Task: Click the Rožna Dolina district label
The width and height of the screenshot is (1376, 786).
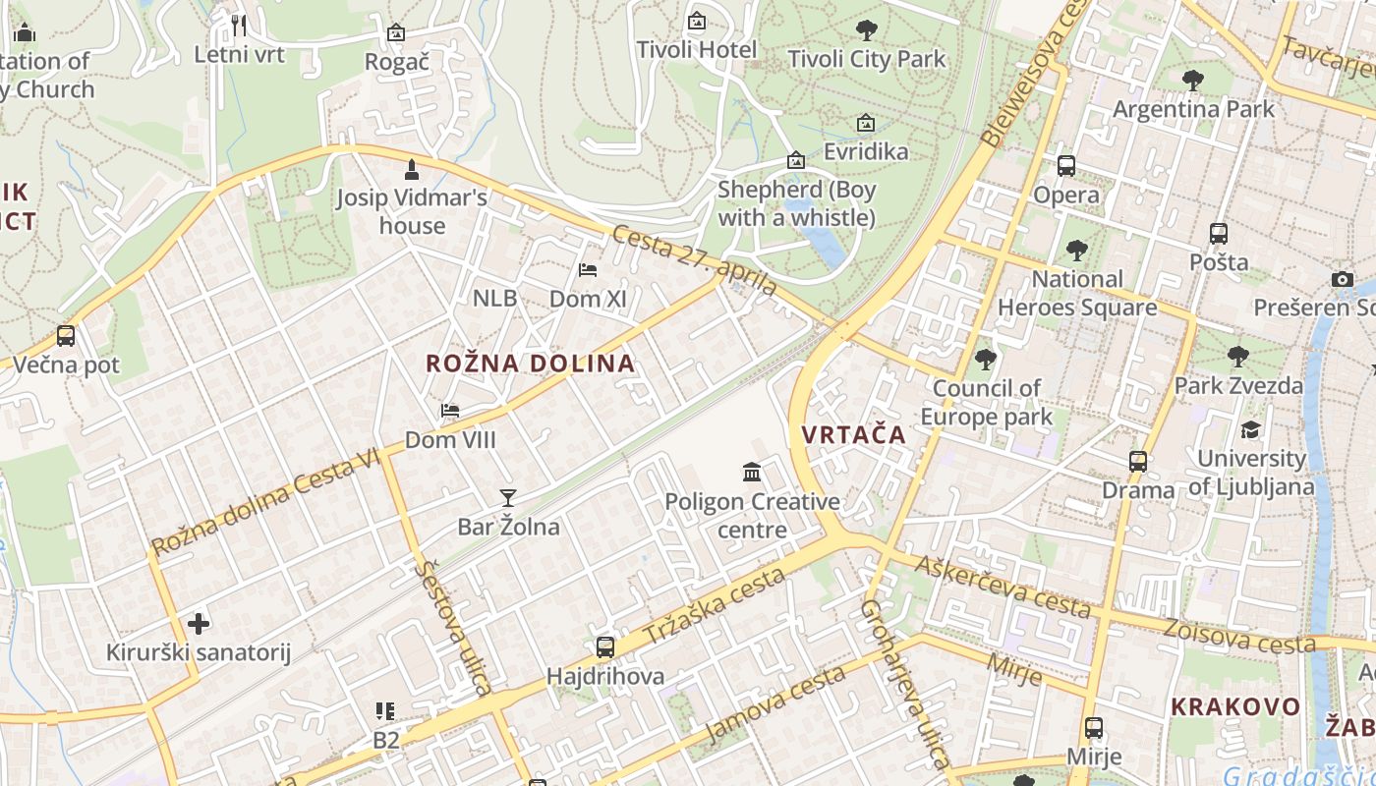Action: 531,364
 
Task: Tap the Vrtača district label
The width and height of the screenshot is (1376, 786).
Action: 853,434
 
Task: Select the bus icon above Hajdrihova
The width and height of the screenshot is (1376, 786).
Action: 605,647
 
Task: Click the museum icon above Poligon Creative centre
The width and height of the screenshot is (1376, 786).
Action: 752,473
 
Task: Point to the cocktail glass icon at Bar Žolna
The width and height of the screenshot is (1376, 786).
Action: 507,498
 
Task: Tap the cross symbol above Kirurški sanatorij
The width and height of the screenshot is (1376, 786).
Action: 199,624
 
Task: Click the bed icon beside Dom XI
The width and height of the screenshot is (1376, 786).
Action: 588,270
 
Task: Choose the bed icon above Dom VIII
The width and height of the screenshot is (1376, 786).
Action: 450,411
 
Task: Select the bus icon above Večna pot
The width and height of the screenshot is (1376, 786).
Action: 66,336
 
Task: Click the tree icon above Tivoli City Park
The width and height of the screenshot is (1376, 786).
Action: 866,30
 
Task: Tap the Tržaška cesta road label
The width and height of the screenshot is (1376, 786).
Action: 715,606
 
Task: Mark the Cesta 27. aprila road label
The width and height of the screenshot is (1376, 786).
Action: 694,259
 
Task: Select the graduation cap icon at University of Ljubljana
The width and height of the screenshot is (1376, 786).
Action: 1250,429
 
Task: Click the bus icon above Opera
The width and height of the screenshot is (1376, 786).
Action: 1066,166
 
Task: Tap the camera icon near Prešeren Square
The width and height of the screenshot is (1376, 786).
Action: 1343,280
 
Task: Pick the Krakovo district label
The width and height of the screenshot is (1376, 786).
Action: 1235,706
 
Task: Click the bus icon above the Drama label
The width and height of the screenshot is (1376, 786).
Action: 1138,461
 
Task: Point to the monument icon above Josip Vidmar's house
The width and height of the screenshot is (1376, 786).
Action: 412,169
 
